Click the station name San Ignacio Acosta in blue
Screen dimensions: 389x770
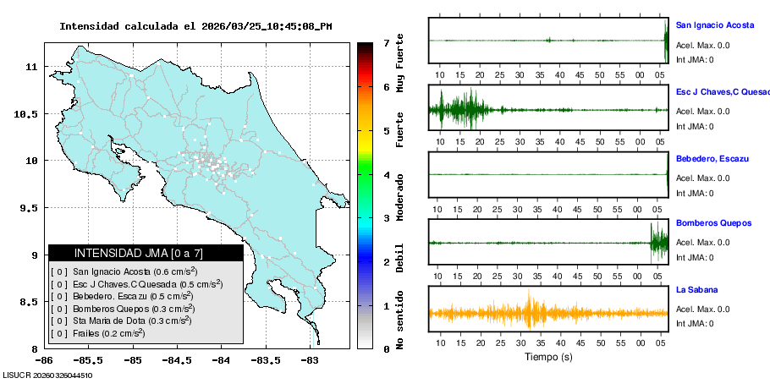pyautogui.click(x=714, y=25)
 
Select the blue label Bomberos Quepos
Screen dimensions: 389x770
pyautogui.click(x=713, y=223)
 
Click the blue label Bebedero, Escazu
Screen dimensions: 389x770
pyautogui.click(x=715, y=158)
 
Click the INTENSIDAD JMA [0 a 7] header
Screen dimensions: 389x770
pyautogui.click(x=145, y=253)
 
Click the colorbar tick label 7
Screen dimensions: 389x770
pyautogui.click(x=386, y=42)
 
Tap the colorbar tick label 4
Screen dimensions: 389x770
pyautogui.click(x=386, y=175)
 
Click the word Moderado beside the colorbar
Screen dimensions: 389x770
pyautogui.click(x=400, y=198)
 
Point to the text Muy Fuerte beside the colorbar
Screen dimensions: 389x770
pyautogui.click(x=400, y=63)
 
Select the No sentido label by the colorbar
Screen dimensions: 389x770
pyautogui.click(x=400, y=322)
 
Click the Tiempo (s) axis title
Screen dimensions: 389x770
pyautogui.click(x=548, y=357)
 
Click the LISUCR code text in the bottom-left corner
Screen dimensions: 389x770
pyautogui.click(x=47, y=375)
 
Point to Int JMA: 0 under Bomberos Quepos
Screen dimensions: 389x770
pyautogui.click(x=695, y=257)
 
